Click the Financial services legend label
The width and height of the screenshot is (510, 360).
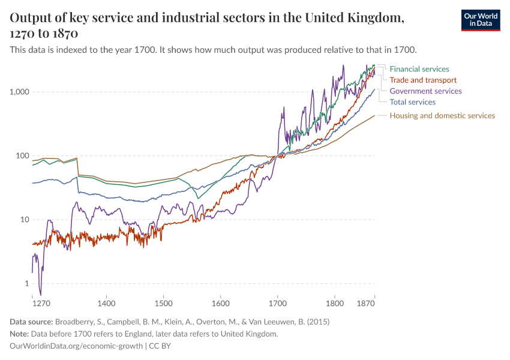[x=419, y=69]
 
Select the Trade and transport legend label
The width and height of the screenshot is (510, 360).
[x=423, y=80]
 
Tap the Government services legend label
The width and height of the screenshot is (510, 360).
[x=425, y=91]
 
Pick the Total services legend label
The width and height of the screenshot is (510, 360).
[x=412, y=102]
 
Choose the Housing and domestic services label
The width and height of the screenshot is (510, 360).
[x=442, y=115]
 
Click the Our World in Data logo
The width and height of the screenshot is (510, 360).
[x=481, y=20]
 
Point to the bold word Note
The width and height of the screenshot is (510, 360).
[x=20, y=334]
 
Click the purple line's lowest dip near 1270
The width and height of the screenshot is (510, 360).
[x=40, y=294]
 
